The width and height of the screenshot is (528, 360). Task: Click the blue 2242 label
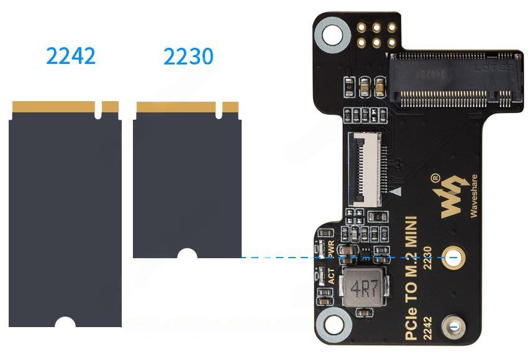click(x=71, y=56)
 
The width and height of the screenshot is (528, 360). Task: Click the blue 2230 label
click(x=188, y=56)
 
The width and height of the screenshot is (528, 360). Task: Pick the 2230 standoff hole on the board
click(x=453, y=258)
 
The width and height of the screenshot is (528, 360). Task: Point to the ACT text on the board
click(x=332, y=276)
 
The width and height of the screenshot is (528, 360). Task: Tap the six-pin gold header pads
click(x=376, y=35)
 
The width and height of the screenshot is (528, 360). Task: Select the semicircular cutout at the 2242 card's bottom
click(x=65, y=322)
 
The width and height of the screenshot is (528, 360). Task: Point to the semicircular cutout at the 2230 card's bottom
click(x=186, y=254)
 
